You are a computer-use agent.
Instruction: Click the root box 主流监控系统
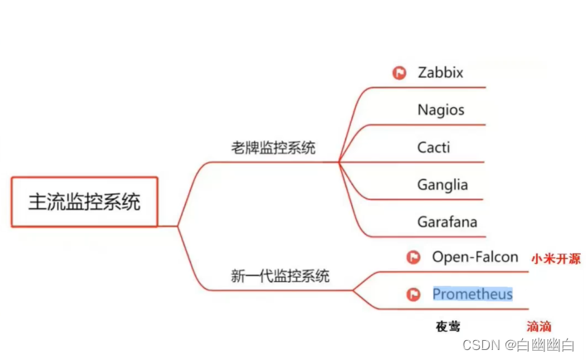pyautogui.click(x=84, y=202)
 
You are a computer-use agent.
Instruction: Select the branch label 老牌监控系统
pyautogui.click(x=273, y=148)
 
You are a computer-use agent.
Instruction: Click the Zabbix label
pyautogui.click(x=440, y=72)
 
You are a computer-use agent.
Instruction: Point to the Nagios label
pyautogui.click(x=441, y=109)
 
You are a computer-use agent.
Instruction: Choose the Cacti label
pyautogui.click(x=434, y=148)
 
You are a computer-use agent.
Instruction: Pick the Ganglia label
pyautogui.click(x=443, y=185)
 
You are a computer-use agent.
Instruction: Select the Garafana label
pyautogui.click(x=447, y=222)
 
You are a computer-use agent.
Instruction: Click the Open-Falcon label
pyautogui.click(x=475, y=257)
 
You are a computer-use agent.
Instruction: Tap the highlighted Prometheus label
pyautogui.click(x=472, y=294)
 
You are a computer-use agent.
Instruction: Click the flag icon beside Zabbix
pyautogui.click(x=399, y=73)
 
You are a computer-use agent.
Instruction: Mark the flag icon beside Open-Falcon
pyautogui.click(x=413, y=258)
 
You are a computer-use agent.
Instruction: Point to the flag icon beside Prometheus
pyautogui.click(x=413, y=294)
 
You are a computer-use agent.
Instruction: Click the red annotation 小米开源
pyautogui.click(x=556, y=259)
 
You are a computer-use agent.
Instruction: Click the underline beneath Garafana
pyautogui.click(x=440, y=237)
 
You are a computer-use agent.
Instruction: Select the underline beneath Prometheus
pyautogui.click(x=465, y=309)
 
